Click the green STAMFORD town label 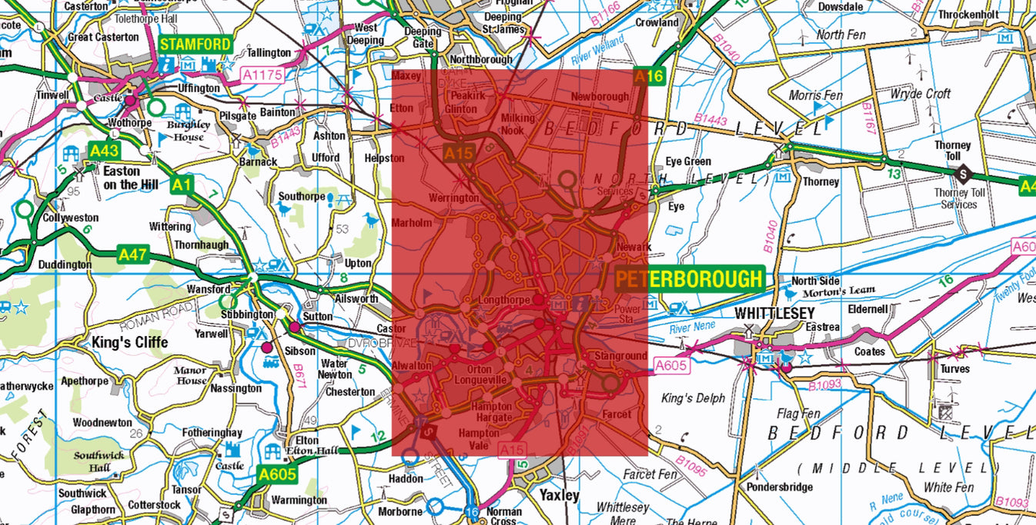[x=196, y=45]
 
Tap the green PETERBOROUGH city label [x=689, y=279]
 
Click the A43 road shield [x=103, y=150]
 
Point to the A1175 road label [x=263, y=75]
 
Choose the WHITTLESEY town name [x=774, y=314]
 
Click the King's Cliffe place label [x=129, y=342]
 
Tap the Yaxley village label [x=559, y=496]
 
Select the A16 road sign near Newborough [x=649, y=76]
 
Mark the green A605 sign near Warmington [x=277, y=474]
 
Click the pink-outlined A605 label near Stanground [x=671, y=366]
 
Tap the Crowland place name [x=657, y=22]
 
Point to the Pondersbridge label [x=778, y=487]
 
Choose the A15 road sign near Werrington [x=459, y=153]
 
